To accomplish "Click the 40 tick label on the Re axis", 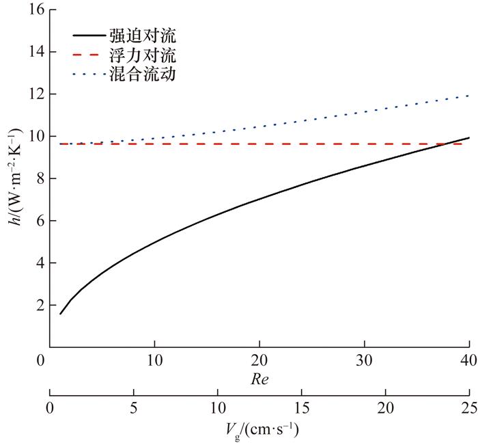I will tap(469, 361).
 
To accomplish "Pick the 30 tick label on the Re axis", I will tap(364, 361).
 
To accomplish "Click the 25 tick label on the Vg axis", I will tap(469, 408).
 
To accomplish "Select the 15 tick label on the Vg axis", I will tap(301, 408).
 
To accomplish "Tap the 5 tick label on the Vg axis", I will tap(134, 408).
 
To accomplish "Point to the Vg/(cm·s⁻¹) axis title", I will tap(259, 431).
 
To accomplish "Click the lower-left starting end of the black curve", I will tap(61, 314).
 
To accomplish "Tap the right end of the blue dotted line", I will tap(468, 96).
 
